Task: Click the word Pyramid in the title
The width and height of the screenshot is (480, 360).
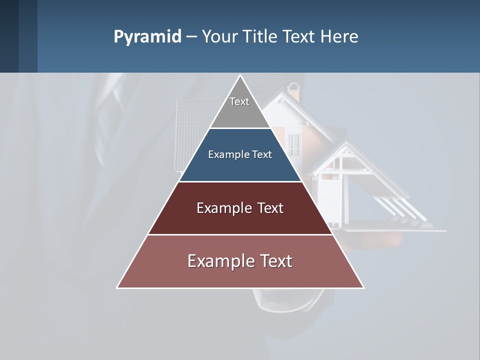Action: point(147,37)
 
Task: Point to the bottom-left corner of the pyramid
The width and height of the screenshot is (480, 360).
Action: point(117,287)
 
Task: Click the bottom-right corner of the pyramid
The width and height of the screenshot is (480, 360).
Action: point(363,287)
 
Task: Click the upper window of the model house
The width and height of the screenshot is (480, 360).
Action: point(294,144)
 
